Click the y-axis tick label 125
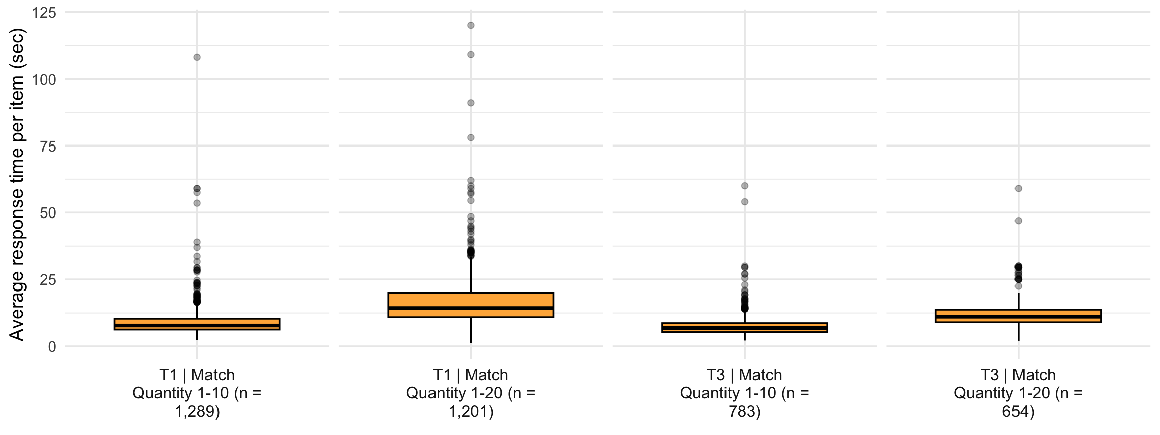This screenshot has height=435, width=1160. tap(44, 12)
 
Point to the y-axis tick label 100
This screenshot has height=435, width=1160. tap(44, 79)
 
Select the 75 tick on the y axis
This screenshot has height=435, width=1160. tap(48, 146)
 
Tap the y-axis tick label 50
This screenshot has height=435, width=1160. tap(48, 213)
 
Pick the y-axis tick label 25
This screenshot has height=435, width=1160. tap(48, 280)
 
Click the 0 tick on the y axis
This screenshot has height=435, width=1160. tap(52, 347)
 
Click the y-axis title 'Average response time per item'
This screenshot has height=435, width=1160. tap(16, 184)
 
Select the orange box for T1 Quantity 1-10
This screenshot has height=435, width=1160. tap(197, 324)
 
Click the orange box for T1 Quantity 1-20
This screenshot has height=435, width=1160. tap(471, 305)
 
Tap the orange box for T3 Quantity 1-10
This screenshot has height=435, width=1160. tap(745, 328)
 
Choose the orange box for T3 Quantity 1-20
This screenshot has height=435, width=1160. tap(1018, 316)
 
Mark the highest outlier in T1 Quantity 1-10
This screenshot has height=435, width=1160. tap(197, 57)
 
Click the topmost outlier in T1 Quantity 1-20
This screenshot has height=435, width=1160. tap(471, 25)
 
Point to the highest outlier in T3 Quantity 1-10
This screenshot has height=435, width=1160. tap(745, 186)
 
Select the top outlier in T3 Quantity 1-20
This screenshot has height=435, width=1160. tap(1018, 188)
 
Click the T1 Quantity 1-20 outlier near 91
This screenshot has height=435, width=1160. tap(471, 103)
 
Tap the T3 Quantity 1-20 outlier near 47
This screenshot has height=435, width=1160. tap(1018, 221)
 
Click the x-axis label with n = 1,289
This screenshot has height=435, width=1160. tap(197, 393)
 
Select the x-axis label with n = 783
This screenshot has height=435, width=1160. tap(745, 393)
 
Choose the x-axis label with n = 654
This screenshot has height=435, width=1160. tap(1018, 393)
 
